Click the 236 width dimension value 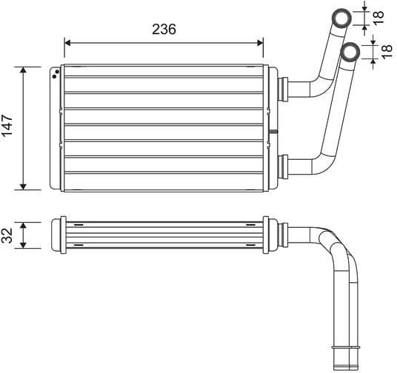tap(163, 30)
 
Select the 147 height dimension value tap(7, 127)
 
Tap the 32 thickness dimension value tap(7, 235)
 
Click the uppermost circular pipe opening tap(342, 16)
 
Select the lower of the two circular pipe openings tap(350, 51)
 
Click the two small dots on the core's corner tap(56, 73)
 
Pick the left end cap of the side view tap(56, 235)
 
